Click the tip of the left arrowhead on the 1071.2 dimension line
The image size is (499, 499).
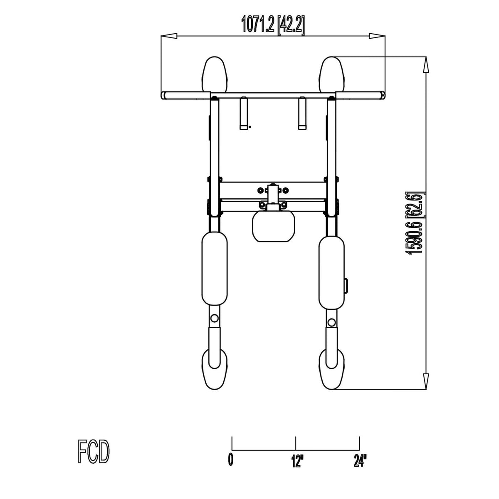point(161,36)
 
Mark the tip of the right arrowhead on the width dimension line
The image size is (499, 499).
point(385,36)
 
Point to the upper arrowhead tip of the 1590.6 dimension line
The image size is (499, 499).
point(426,57)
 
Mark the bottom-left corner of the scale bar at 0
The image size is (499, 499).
point(232,450)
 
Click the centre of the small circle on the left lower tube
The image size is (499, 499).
point(214,318)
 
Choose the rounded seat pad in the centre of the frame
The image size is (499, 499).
point(274,227)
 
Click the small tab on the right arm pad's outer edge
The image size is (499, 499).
point(346,287)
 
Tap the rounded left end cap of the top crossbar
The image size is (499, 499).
point(164,95)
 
